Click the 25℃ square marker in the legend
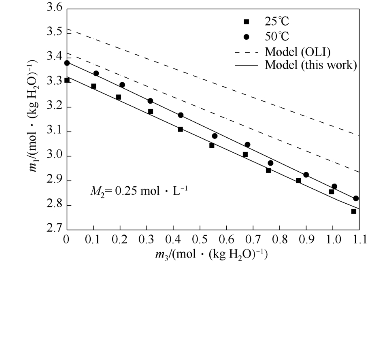click(x=246, y=21)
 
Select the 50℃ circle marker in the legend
click(x=246, y=37)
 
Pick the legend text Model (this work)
click(x=310, y=65)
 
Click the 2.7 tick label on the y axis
click(x=54, y=230)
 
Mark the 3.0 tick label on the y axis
click(x=54, y=156)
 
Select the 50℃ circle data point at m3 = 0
click(x=67, y=63)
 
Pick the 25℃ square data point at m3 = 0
click(x=67, y=80)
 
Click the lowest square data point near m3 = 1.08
click(x=353, y=211)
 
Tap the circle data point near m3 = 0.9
click(x=306, y=175)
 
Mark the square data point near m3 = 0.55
click(x=212, y=145)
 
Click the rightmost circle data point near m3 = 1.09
click(x=356, y=198)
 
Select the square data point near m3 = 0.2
click(x=119, y=97)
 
